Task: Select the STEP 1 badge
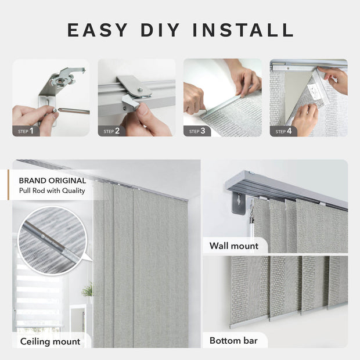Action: (24, 131)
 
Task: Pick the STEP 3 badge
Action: (197, 131)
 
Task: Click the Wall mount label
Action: (235, 246)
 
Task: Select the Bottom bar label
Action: (234, 340)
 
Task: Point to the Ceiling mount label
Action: (51, 341)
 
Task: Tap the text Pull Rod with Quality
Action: (52, 190)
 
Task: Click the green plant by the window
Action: (88, 289)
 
